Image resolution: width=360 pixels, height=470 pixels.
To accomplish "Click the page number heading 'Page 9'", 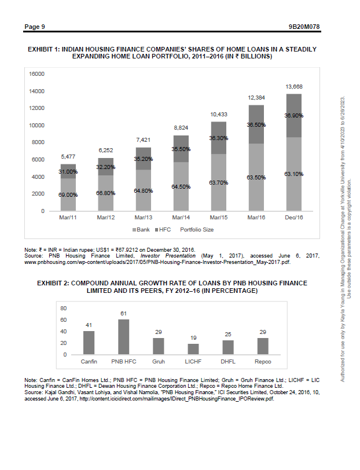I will pos(34,27).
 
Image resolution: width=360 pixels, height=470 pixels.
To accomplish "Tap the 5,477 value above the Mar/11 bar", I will pos(68,157).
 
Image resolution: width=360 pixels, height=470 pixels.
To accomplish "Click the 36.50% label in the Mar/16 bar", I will pos(256,124).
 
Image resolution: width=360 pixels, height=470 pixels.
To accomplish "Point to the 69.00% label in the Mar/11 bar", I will pos(68,195).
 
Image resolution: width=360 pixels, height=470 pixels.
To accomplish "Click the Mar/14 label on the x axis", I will pos(181,218).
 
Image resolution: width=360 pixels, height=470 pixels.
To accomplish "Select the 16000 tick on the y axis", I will pos(37,74).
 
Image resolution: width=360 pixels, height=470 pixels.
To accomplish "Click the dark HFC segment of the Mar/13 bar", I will pos(143,158).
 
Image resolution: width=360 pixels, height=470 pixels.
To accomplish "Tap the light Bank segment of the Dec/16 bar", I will pos(293,174).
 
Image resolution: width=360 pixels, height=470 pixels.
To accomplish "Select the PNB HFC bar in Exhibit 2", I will pos(123,336).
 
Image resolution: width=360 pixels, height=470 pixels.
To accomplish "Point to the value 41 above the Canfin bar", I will pos(89,325).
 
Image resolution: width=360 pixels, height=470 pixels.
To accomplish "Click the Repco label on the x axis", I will pos(263,361).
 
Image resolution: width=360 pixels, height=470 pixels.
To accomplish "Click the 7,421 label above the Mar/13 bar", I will pos(143,140).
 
